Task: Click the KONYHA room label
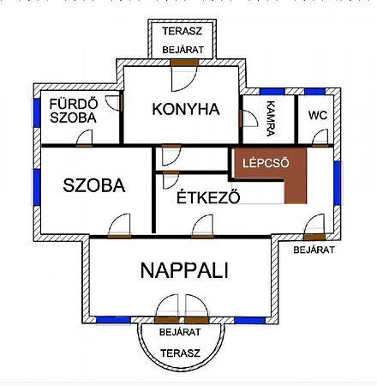tap(186, 110)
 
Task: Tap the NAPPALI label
tap(184, 270)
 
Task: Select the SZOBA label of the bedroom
tap(94, 185)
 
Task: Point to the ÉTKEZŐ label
tap(208, 196)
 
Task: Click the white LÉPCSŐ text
tap(266, 163)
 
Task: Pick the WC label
tap(318, 116)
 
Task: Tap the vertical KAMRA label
tap(270, 118)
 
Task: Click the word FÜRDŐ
tap(74, 104)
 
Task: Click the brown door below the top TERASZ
tap(184, 63)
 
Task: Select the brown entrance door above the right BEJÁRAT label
tap(314, 237)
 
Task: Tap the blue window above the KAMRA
tap(272, 92)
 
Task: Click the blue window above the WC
tap(315, 92)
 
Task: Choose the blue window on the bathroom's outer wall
tap(37, 112)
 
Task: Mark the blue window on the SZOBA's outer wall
tap(37, 187)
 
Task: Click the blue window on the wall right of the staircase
tap(338, 183)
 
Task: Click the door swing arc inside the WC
tap(320, 137)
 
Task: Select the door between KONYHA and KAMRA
tap(241, 118)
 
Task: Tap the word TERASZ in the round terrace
tap(180, 353)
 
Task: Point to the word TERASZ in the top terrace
tap(183, 31)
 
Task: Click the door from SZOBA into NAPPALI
tap(120, 237)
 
